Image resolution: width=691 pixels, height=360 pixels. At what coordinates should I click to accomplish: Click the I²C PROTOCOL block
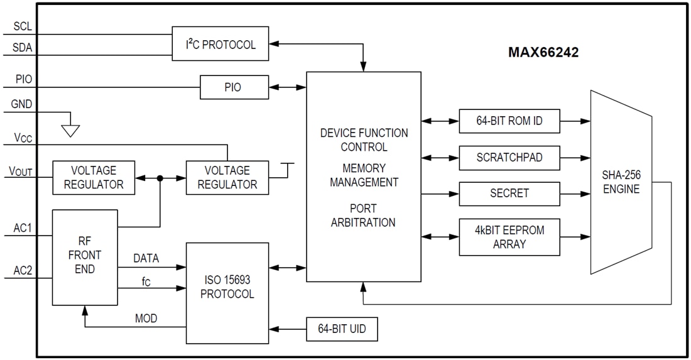click(220, 44)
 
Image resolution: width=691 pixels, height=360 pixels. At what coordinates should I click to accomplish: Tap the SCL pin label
click(23, 27)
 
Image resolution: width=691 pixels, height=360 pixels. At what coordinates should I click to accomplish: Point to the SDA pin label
click(23, 48)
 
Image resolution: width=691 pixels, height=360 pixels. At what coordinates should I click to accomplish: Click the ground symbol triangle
click(70, 130)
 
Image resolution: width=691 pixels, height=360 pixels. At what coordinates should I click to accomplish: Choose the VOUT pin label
click(20, 171)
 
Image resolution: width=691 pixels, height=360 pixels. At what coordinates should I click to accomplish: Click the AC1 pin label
click(22, 228)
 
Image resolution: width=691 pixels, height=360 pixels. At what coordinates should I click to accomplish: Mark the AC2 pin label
click(22, 271)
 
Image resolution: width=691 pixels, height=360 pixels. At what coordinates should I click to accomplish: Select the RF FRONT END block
click(85, 256)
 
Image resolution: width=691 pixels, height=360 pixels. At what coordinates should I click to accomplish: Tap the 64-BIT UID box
click(342, 329)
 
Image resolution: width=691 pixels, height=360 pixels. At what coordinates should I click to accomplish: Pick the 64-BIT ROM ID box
click(509, 121)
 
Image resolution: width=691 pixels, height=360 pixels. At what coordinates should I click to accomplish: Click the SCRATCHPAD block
click(509, 158)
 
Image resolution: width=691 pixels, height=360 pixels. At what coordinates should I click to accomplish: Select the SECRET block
click(509, 194)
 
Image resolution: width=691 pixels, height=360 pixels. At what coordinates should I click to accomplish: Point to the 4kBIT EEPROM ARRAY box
click(509, 237)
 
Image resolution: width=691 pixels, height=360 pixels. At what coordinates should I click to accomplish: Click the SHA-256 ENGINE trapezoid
click(621, 182)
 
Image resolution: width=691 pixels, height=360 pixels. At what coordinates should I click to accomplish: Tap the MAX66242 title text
click(543, 53)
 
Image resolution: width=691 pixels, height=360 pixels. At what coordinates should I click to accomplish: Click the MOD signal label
click(146, 319)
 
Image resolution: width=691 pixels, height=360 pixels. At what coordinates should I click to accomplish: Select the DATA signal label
click(146, 258)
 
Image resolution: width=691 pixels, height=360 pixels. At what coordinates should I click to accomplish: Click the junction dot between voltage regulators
click(160, 178)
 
